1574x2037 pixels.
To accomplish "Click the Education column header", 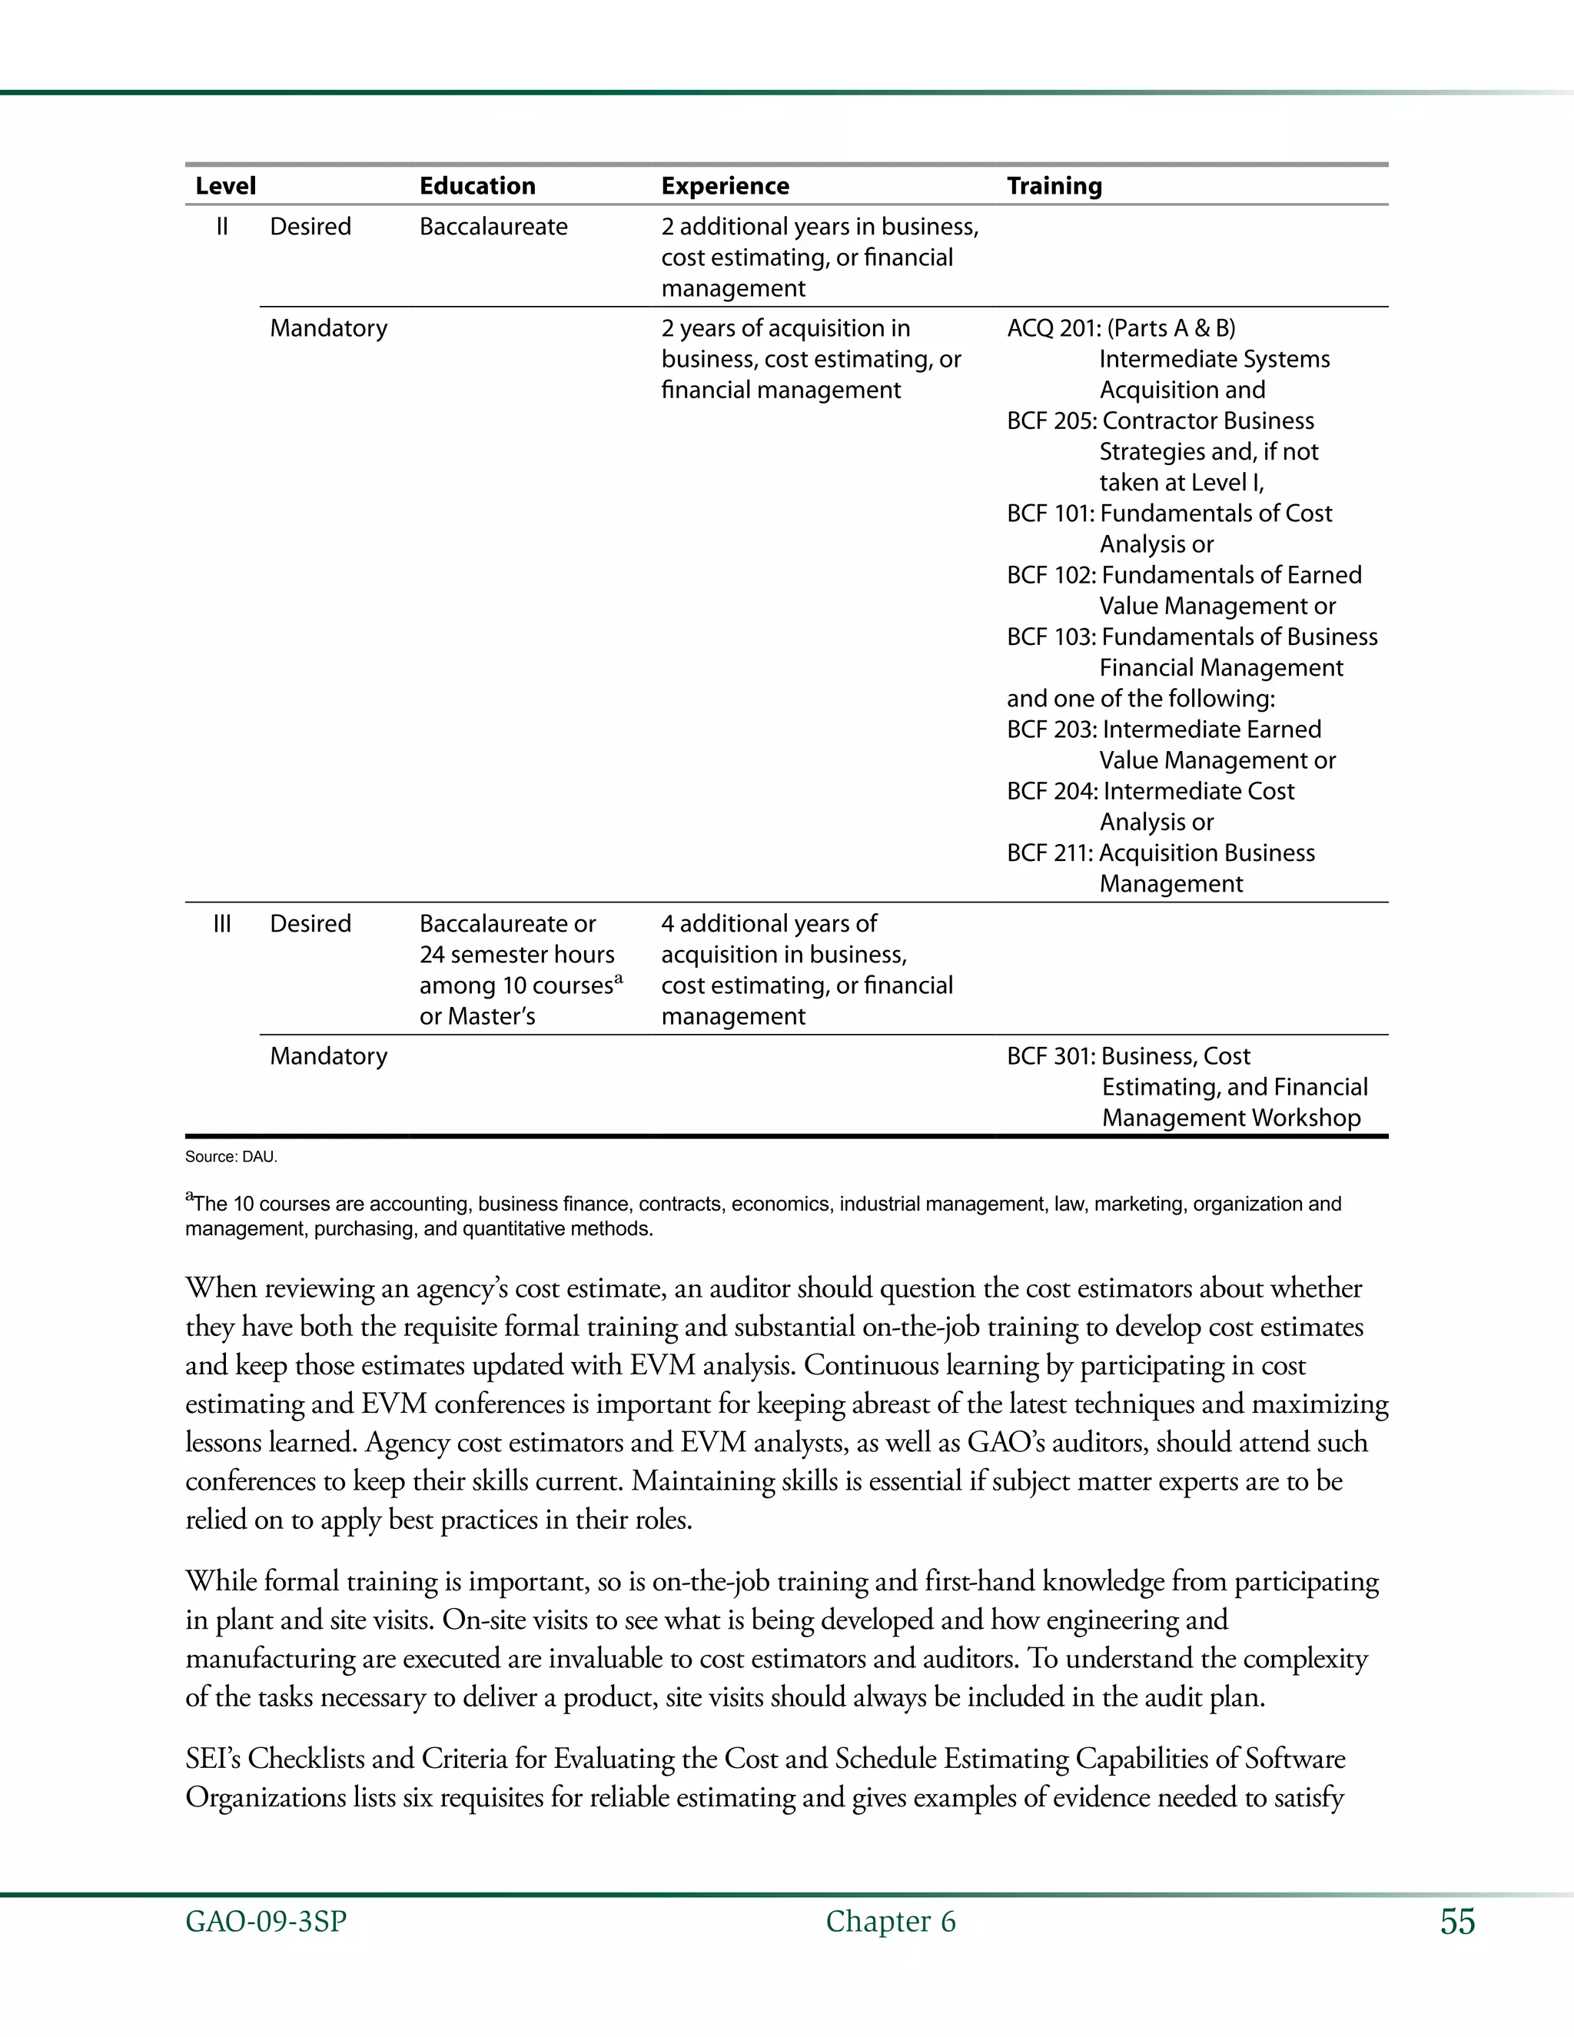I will click(477, 185).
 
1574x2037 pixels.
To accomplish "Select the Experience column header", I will click(725, 185).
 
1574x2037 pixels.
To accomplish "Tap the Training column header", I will click(1054, 185).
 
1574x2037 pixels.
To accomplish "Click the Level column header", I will click(226, 185).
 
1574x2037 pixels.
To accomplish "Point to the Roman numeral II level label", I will click(222, 227).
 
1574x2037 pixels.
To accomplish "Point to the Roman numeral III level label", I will click(222, 923).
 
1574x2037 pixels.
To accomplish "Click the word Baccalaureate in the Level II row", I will click(493, 227).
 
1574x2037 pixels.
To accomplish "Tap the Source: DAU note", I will click(231, 1157).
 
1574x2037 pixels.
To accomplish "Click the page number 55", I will click(1457, 1922).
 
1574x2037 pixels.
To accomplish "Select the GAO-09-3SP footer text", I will click(266, 1922).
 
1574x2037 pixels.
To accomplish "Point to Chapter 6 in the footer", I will click(891, 1922).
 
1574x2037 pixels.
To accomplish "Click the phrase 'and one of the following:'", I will click(1141, 699).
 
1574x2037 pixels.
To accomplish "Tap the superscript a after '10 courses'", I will click(618, 979).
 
